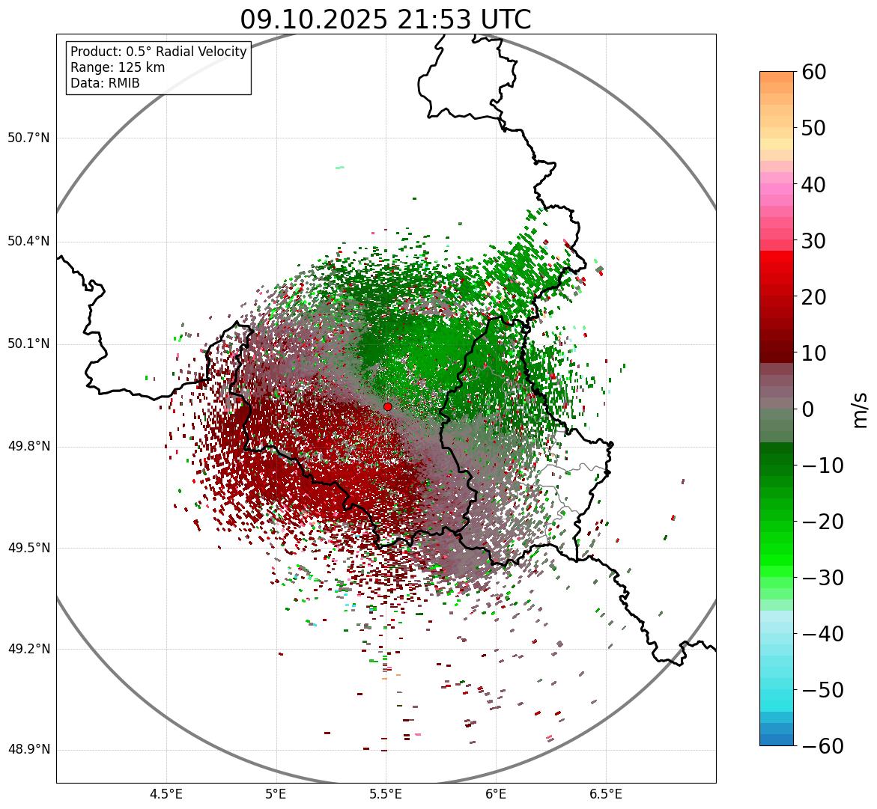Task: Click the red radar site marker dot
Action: pyautogui.click(x=388, y=406)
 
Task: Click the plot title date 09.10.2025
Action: pyautogui.click(x=313, y=19)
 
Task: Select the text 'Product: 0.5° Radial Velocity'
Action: pyautogui.click(x=158, y=52)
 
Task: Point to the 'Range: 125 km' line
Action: pyautogui.click(x=118, y=67)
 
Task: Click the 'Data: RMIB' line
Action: pyautogui.click(x=105, y=83)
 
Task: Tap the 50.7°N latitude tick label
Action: pyautogui.click(x=28, y=138)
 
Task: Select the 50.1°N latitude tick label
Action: pyautogui.click(x=28, y=344)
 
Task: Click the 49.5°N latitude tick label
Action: pyautogui.click(x=28, y=548)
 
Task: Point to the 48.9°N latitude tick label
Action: pyautogui.click(x=28, y=750)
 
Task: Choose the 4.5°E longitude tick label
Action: pyautogui.click(x=166, y=794)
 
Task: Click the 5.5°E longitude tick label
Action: pyautogui.click(x=386, y=794)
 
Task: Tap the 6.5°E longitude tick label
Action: pyautogui.click(x=605, y=794)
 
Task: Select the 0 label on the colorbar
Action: pyautogui.click(x=808, y=409)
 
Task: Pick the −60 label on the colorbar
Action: pyautogui.click(x=822, y=746)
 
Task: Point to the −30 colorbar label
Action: pyautogui.click(x=822, y=578)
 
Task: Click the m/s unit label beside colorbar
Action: pyautogui.click(x=860, y=409)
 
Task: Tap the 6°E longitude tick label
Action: pyautogui.click(x=495, y=794)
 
